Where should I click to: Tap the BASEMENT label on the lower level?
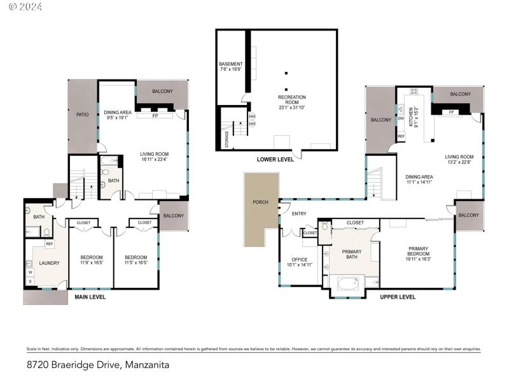[230, 64]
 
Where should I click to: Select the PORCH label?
[260, 202]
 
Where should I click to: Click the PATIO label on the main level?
[83, 115]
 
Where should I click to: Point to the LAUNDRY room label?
[49, 263]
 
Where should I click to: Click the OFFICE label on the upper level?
[299, 259]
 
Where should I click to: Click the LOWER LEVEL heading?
[275, 159]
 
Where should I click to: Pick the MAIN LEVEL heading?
[90, 297]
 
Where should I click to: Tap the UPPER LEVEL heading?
[398, 297]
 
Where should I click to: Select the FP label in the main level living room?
[155, 117]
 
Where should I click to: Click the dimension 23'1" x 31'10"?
[292, 108]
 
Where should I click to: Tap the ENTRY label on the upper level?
[299, 213]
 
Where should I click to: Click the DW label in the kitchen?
[401, 118]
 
